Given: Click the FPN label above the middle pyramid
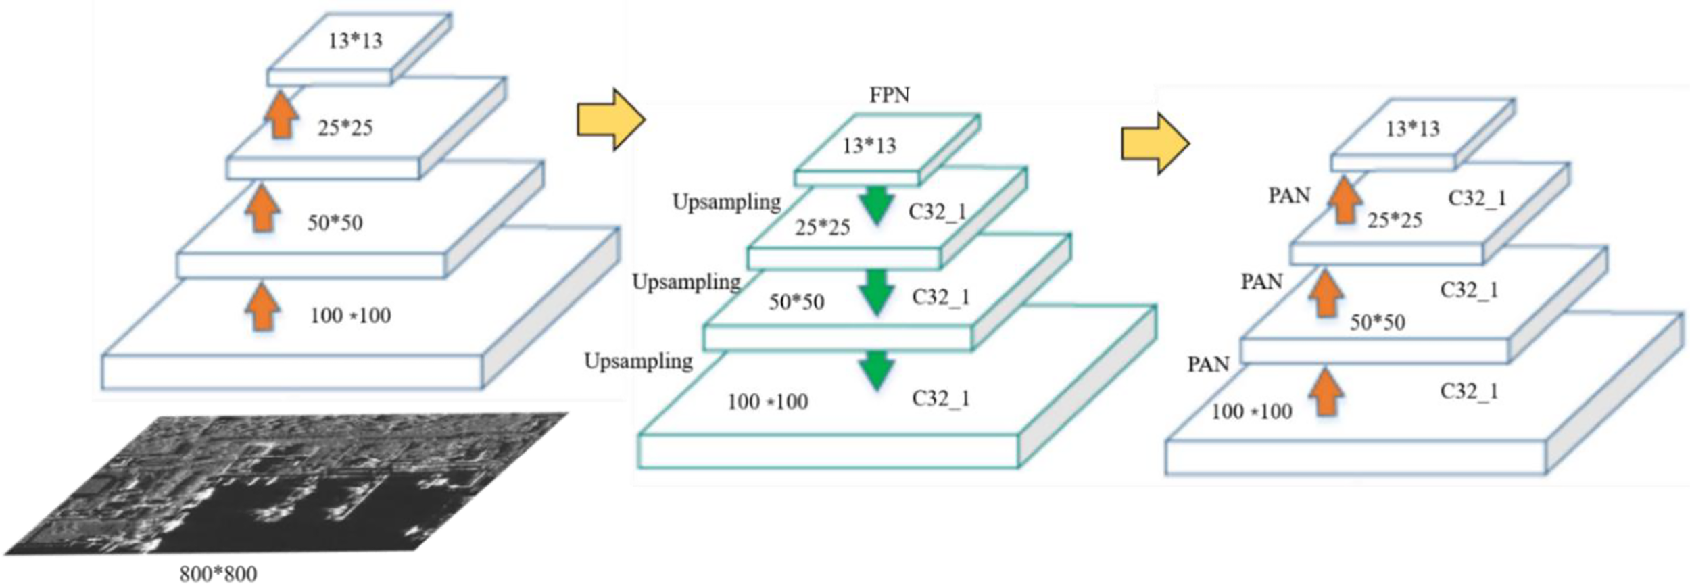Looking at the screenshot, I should click(x=889, y=95).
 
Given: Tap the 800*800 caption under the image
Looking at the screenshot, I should click(x=218, y=574).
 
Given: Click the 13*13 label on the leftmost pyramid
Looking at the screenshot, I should click(x=355, y=41).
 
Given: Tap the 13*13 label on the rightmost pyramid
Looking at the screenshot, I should click(x=1412, y=128).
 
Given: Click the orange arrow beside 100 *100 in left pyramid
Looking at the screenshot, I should click(x=262, y=308).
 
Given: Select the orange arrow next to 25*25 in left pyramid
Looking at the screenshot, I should click(x=281, y=116).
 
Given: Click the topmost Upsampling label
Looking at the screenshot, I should click(x=727, y=202).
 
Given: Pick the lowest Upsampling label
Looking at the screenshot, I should click(x=638, y=362).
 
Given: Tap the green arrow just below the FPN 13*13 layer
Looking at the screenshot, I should click(x=877, y=205).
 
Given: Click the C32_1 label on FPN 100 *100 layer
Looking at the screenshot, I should click(x=940, y=399).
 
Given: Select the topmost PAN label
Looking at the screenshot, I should click(x=1289, y=196).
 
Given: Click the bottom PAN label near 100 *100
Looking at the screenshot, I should click(x=1208, y=365).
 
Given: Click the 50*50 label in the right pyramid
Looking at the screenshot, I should click(x=1377, y=322).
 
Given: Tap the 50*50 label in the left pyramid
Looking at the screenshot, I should click(x=335, y=223).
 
